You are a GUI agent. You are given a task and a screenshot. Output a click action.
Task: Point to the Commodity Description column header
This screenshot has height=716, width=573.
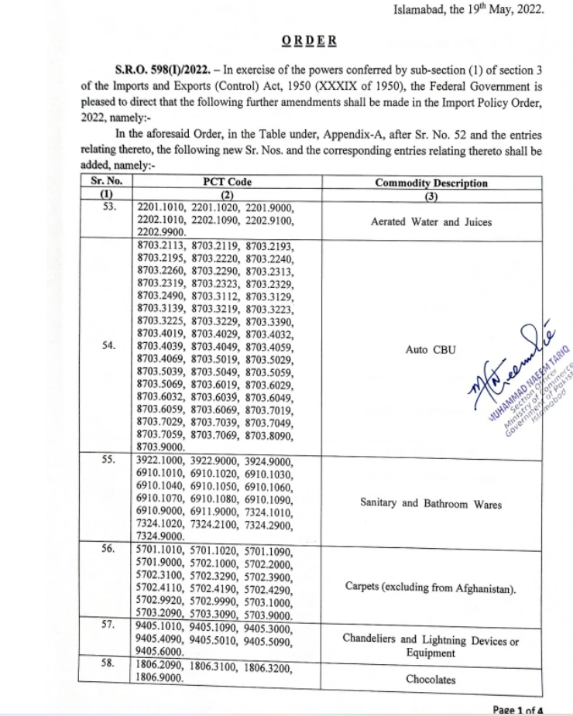point(431,183)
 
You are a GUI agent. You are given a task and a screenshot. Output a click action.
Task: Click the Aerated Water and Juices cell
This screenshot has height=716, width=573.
point(431,222)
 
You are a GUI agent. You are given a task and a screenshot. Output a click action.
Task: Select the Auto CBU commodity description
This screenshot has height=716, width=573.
point(431,350)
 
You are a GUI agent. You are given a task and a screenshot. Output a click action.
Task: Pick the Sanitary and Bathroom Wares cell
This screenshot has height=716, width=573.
point(431,504)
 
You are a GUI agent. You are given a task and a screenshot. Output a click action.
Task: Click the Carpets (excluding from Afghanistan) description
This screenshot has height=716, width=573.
point(431,588)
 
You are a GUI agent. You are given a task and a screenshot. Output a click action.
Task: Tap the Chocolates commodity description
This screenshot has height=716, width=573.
point(431,680)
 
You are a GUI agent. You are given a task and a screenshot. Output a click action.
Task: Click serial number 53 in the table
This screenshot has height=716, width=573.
point(108,207)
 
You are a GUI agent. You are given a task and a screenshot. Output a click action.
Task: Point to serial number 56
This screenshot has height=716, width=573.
point(108,549)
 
